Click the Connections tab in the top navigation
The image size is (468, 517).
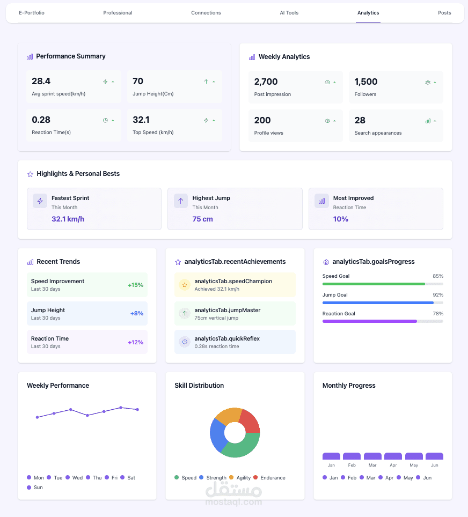[206, 13]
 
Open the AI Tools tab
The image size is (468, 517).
[289, 13]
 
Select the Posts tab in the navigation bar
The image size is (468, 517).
[444, 13]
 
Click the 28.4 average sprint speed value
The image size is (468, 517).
[41, 82]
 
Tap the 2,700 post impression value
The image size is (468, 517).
[266, 82]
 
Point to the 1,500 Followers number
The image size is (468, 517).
[366, 82]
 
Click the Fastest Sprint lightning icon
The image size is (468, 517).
[40, 201]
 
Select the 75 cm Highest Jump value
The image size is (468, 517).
[203, 219]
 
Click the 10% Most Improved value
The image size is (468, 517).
[341, 219]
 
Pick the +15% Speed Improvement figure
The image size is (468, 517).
[135, 285]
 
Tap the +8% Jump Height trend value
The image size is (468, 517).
[136, 313]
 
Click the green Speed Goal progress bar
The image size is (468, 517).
[374, 284]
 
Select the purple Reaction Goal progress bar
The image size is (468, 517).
[369, 321]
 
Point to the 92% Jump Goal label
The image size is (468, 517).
[438, 295]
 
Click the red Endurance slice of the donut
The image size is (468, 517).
[250, 420]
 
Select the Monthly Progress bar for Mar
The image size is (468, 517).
[372, 456]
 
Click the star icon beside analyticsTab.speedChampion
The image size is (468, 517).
[185, 285]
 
